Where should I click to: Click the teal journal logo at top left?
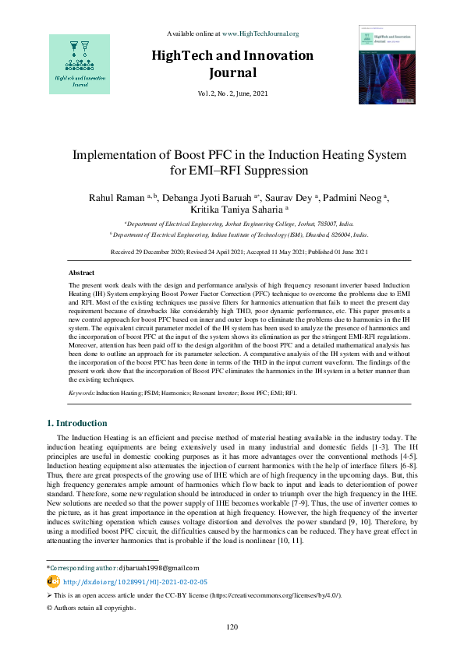[x=79, y=62]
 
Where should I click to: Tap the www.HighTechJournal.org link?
[x=260, y=34]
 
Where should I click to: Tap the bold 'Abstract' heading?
[x=82, y=273]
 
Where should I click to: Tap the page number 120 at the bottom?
[x=232, y=627]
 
